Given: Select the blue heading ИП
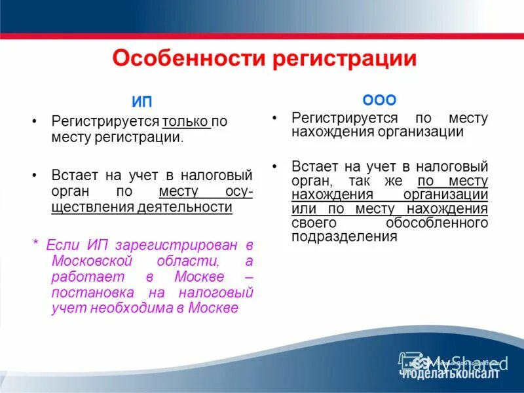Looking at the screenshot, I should [x=142, y=102].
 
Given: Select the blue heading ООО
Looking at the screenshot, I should [x=380, y=100].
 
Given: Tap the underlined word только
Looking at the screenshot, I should [x=186, y=122].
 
